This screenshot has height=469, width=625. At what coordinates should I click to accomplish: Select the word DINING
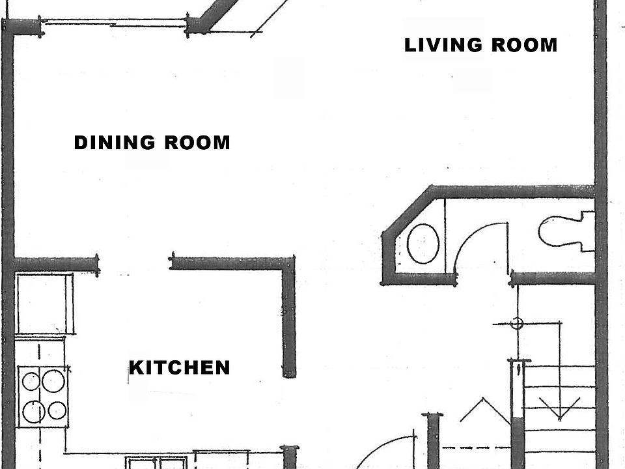click(115, 143)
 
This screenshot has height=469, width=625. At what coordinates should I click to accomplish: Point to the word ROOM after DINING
click(197, 143)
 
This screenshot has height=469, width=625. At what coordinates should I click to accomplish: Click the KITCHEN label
click(180, 368)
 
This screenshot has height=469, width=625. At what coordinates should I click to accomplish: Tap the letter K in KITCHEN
click(135, 368)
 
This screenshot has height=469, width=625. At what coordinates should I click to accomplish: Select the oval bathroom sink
click(423, 244)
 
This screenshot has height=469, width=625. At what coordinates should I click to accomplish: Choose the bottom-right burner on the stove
click(58, 410)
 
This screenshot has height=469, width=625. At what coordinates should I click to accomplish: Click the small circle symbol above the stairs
click(517, 322)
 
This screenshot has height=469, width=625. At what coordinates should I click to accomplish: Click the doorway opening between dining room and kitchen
click(135, 263)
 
